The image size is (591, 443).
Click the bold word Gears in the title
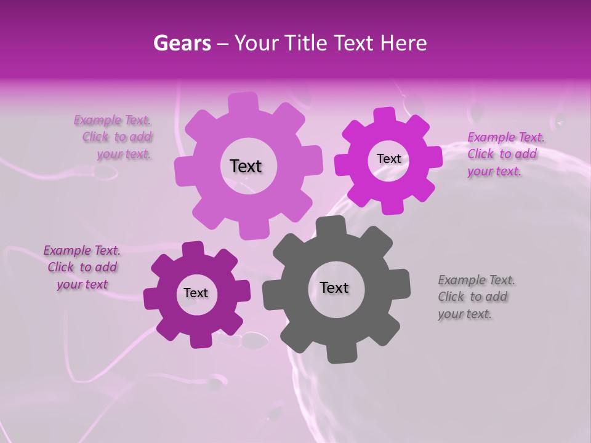point(182,43)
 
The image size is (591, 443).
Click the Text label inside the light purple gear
point(246,166)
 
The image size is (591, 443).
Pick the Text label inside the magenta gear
point(388,159)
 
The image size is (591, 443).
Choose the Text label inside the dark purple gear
point(196,293)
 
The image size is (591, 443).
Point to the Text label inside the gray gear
point(334,287)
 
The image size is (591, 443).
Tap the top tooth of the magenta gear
point(384,115)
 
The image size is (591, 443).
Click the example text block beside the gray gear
point(476,297)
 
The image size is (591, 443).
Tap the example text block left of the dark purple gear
point(82,268)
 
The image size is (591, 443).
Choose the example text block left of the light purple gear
point(114,137)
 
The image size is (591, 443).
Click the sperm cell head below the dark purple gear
point(254,339)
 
